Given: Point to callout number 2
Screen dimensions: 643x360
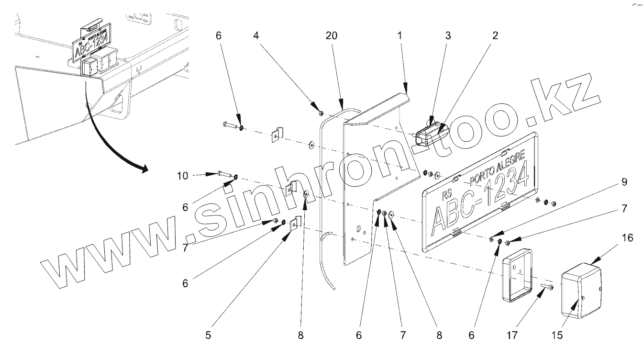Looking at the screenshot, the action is (x=494, y=36).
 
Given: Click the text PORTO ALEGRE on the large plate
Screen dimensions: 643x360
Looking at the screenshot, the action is (x=498, y=167).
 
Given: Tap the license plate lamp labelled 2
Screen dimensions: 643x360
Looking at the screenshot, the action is (x=430, y=133).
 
